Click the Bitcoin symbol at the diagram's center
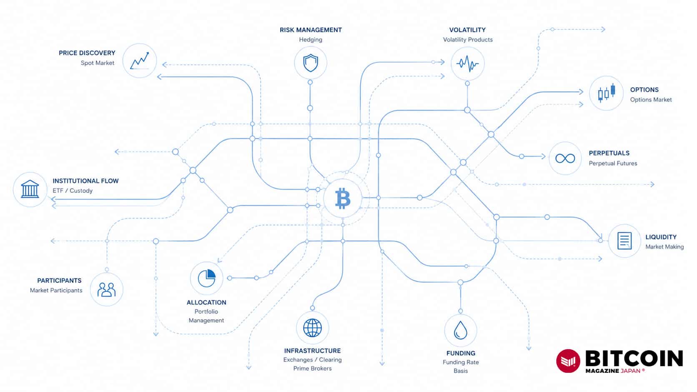[x=343, y=198]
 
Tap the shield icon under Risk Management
[x=311, y=63]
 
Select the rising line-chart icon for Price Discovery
[x=139, y=61]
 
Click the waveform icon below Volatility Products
[x=467, y=64]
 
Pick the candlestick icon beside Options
[x=607, y=93]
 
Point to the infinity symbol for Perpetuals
[x=565, y=159]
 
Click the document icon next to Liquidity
[x=624, y=241]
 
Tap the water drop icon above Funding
[x=461, y=330]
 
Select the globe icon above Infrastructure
[x=312, y=328]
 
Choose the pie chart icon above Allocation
[x=207, y=278]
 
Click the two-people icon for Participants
[x=106, y=290]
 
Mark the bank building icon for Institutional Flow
[x=30, y=189]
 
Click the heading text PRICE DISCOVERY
[x=87, y=53]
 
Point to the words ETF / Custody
[x=73, y=190]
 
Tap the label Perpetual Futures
[x=613, y=163]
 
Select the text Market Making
[x=664, y=247]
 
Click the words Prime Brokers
[x=312, y=368]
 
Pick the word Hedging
[x=311, y=40]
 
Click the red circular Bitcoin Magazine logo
[x=568, y=361]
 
